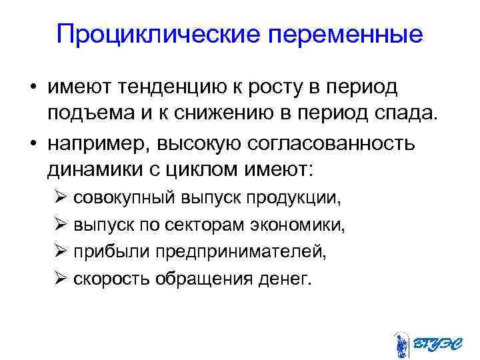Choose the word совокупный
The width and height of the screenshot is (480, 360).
coord(124,198)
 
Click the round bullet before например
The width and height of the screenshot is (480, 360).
coord(32,143)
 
